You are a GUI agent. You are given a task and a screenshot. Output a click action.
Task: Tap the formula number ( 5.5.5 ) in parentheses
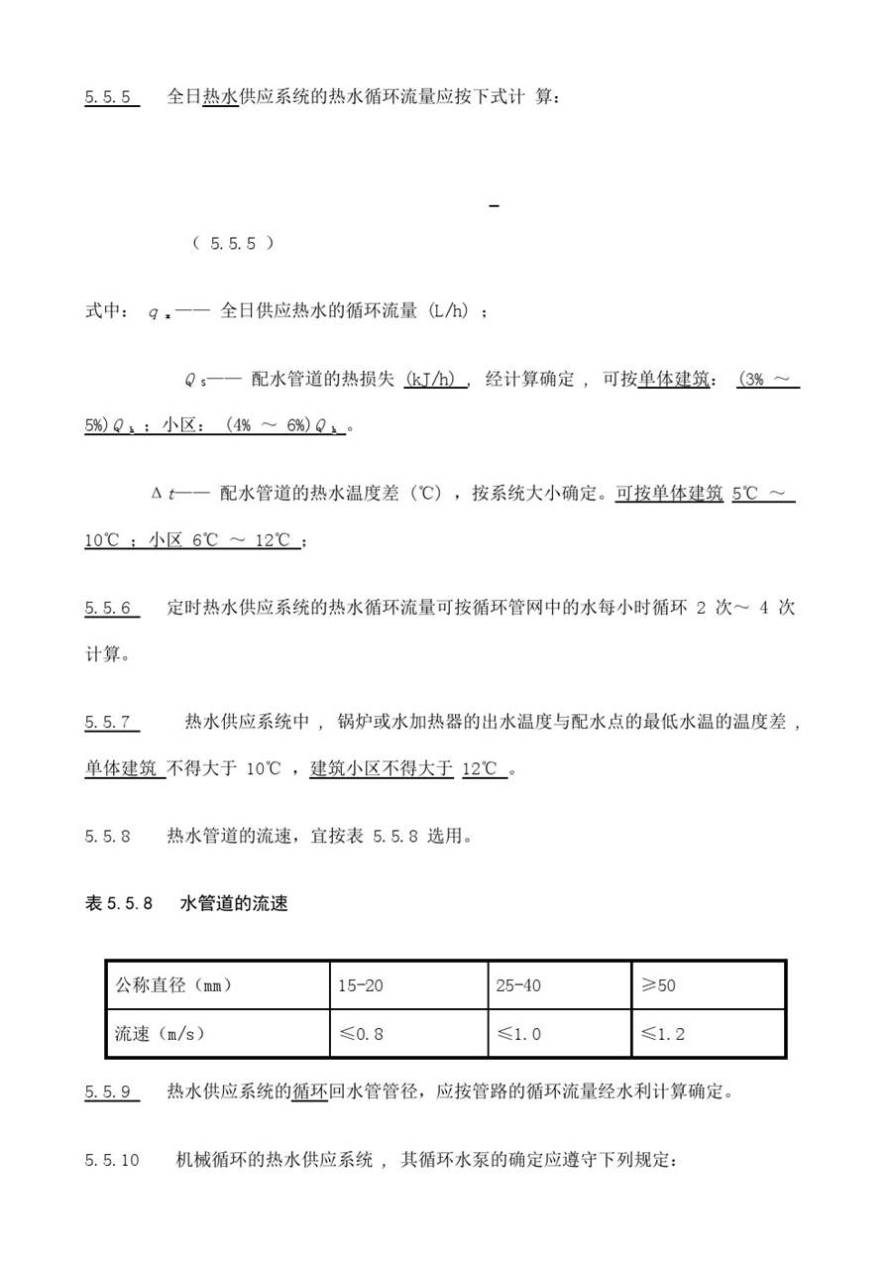(233, 243)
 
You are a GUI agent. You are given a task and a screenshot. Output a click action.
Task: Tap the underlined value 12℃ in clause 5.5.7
(483, 768)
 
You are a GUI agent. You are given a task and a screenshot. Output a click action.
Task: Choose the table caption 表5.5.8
(119, 903)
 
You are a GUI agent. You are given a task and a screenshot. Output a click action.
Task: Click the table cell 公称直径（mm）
(174, 985)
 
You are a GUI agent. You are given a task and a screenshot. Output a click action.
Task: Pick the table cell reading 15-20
(360, 985)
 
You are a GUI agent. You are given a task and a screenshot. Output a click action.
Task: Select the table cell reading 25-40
(518, 985)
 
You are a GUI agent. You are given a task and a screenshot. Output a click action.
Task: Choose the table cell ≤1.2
(662, 1034)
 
